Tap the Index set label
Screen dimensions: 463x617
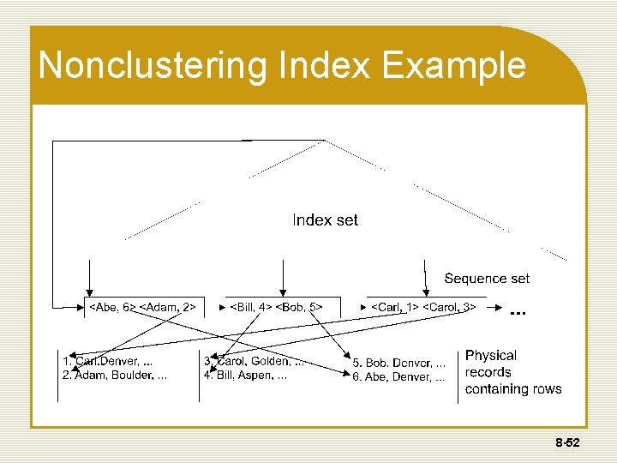click(x=325, y=220)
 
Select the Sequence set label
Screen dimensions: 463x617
click(x=487, y=278)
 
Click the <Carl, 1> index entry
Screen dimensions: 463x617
click(x=394, y=307)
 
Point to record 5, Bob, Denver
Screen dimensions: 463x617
click(x=398, y=364)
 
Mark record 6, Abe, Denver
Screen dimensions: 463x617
click(x=398, y=377)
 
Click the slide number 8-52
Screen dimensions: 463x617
click(x=567, y=443)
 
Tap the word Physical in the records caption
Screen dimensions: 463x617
click(x=491, y=356)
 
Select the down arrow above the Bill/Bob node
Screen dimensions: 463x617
click(x=283, y=279)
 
